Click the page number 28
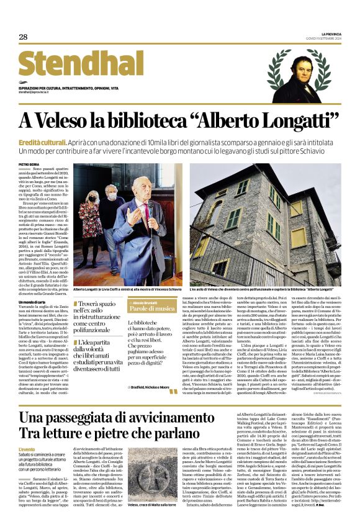point(23,37)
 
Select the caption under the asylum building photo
point(263,291)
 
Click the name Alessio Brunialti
point(147,302)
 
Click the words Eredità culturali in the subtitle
point(43,142)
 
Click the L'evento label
point(27,449)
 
